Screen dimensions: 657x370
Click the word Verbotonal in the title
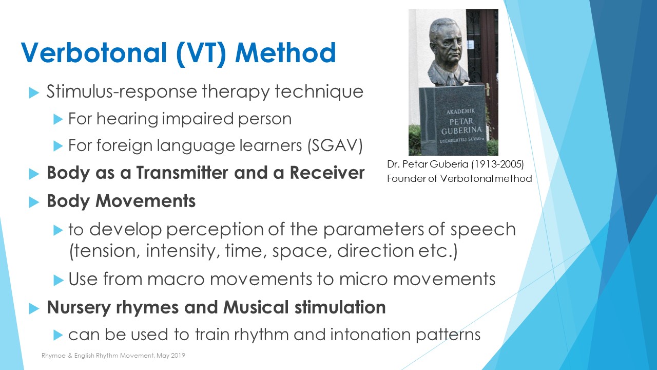point(94,53)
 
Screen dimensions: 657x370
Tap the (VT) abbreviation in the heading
point(201,53)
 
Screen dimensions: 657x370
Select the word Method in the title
point(285,53)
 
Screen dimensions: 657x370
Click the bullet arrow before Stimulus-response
point(34,93)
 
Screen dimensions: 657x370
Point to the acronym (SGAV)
point(335,145)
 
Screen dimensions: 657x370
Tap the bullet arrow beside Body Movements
point(34,202)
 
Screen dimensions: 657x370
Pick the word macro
point(176,279)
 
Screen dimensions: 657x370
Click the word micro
point(363,279)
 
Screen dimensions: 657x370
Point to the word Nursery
point(79,308)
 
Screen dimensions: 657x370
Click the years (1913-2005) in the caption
point(497,164)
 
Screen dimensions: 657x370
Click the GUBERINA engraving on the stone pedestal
point(461,131)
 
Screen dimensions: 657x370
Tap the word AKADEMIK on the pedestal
point(460,112)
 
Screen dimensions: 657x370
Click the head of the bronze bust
point(445,41)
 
